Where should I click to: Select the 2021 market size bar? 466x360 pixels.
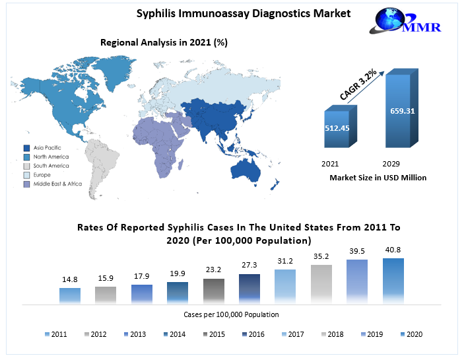(x=340, y=129)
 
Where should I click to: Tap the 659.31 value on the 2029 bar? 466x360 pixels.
(x=401, y=110)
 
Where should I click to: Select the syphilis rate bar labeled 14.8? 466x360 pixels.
(x=69, y=295)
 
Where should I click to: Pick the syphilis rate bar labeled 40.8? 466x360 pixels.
(x=393, y=281)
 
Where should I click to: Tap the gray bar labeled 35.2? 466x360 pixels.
(x=321, y=284)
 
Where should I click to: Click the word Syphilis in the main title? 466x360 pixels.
(x=157, y=13)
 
